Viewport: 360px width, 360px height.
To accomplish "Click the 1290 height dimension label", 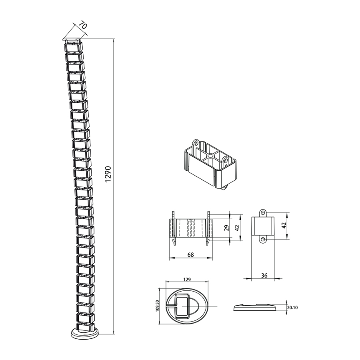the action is click(108, 174).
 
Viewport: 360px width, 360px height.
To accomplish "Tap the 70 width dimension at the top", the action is click(83, 25).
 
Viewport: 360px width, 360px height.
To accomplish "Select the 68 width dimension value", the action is click(190, 255).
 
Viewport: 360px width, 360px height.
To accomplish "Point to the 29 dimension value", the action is click(227, 228).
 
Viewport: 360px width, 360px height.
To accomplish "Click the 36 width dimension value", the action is click(264, 275).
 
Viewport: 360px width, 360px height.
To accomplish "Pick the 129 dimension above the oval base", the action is click(187, 280).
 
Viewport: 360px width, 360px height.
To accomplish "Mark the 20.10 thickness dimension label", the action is click(292, 308).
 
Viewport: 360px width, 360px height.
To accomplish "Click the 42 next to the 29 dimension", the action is click(237, 228).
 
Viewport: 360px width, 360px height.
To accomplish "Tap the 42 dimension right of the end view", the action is click(284, 225).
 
